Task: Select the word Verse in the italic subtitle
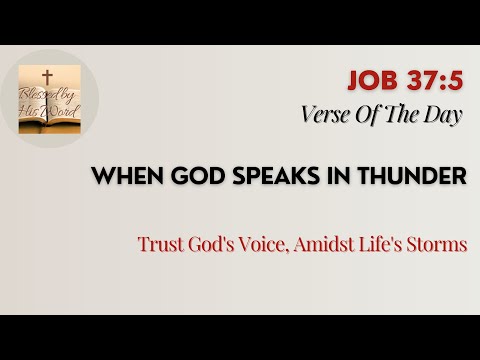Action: point(326,114)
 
